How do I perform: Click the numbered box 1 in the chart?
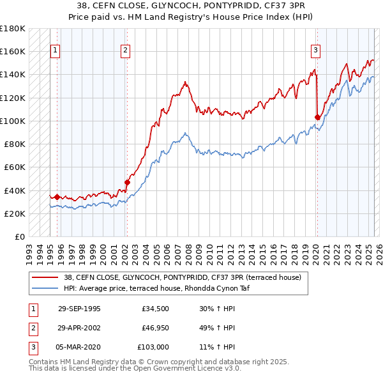55,50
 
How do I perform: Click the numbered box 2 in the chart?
125,50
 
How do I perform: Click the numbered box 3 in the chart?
315,50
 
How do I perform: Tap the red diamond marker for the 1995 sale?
57,197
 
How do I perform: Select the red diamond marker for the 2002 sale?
127,182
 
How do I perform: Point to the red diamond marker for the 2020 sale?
317,117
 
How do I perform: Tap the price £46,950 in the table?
154,328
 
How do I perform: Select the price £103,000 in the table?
153,347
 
